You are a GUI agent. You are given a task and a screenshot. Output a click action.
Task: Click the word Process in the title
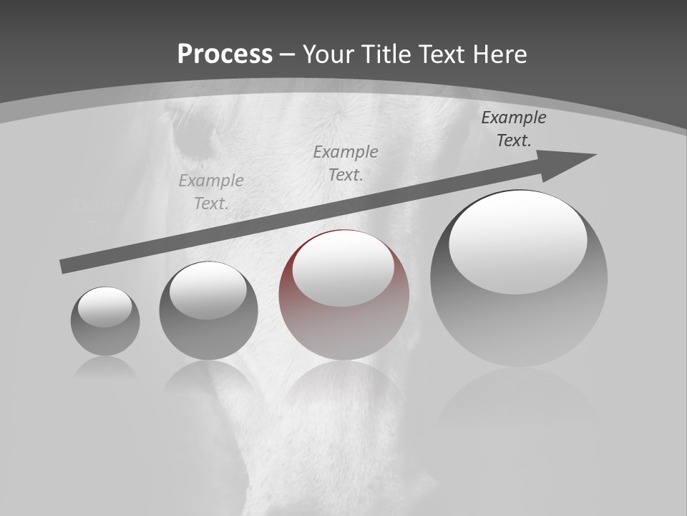[225, 54]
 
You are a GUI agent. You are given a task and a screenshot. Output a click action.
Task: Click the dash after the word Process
[288, 55]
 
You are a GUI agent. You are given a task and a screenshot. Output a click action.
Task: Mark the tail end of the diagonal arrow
[64, 266]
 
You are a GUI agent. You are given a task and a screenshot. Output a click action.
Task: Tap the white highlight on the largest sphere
[518, 242]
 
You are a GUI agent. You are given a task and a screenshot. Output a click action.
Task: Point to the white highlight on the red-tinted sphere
[343, 268]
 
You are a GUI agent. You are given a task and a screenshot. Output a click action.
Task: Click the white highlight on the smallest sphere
[105, 307]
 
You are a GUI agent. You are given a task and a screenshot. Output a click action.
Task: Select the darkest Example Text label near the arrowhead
[514, 129]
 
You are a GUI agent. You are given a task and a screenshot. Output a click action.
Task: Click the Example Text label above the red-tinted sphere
[346, 163]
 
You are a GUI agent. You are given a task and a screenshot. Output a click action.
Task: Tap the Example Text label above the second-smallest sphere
[211, 191]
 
